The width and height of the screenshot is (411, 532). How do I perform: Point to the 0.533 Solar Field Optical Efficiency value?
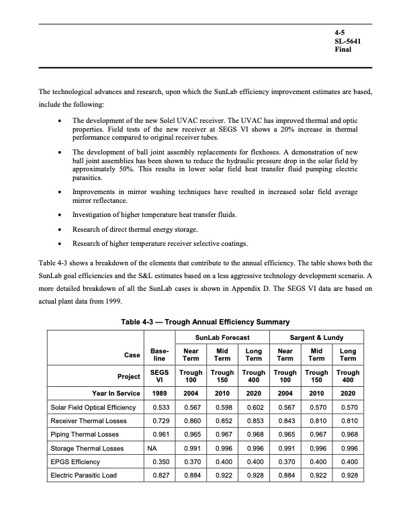(x=161, y=408)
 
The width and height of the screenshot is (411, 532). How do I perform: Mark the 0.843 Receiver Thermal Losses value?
(x=286, y=420)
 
